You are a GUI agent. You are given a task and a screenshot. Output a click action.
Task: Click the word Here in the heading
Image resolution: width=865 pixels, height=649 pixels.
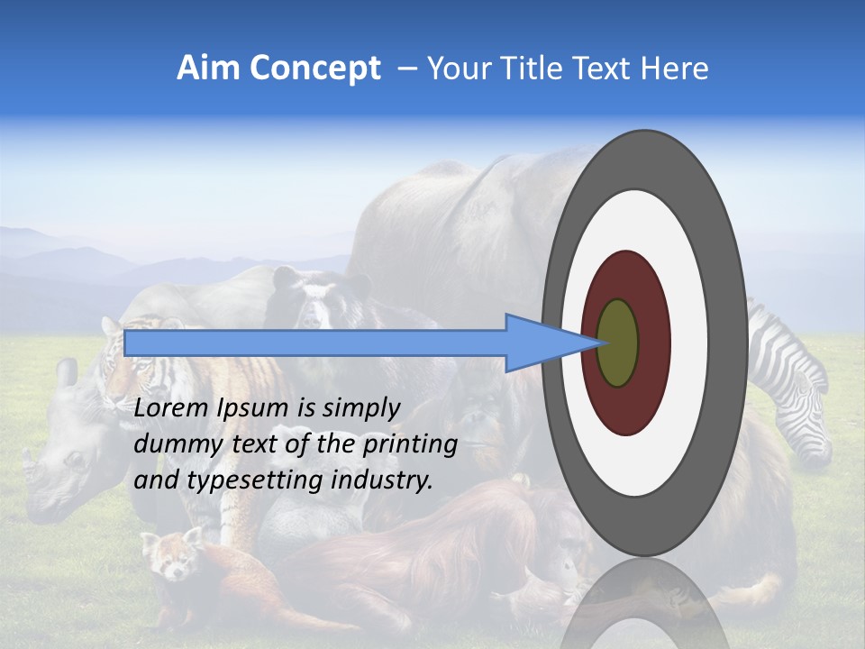(x=675, y=69)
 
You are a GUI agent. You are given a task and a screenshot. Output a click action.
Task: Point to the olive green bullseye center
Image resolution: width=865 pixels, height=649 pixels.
(x=618, y=343)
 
